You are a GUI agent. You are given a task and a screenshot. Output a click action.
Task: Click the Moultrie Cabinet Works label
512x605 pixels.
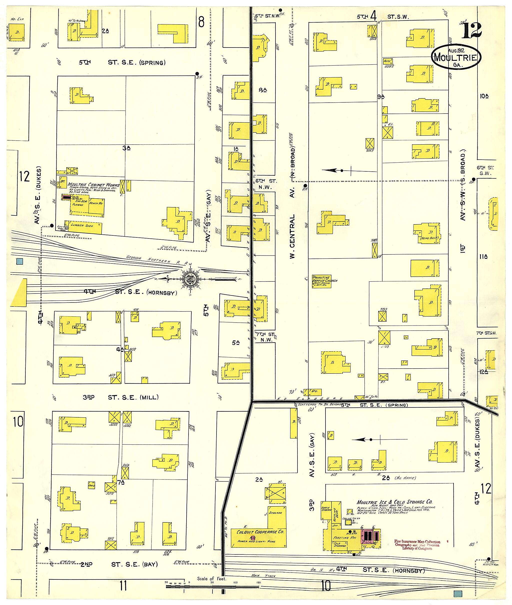93,184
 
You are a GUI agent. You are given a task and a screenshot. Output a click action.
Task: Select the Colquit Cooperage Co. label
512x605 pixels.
260,532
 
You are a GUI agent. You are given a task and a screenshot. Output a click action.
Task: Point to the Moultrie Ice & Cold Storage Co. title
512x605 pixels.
394,502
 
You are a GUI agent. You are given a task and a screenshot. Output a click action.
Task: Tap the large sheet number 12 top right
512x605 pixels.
472,30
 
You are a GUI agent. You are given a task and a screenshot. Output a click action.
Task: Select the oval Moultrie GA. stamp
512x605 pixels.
456,57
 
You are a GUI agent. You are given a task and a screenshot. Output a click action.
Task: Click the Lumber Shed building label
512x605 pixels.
82,225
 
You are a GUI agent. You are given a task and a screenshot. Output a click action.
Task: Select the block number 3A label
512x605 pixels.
126,148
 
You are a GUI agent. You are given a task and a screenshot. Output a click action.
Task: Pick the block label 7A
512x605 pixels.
121,482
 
